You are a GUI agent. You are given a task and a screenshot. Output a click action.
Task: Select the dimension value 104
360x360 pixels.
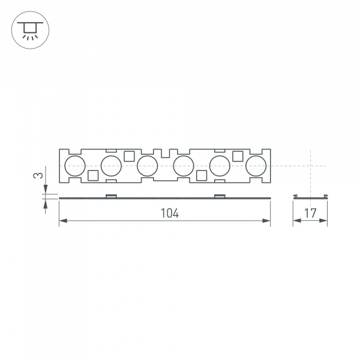coord(170,213)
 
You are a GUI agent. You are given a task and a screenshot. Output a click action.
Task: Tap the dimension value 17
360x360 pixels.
coord(310,213)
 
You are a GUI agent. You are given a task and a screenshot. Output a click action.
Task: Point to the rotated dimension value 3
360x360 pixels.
coord(38,176)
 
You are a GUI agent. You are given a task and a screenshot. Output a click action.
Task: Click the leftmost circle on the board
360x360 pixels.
coord(75,165)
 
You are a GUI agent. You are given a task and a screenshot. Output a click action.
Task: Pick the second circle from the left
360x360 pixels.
coord(111,165)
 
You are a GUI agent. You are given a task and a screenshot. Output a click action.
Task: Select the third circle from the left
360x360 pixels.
coord(147,165)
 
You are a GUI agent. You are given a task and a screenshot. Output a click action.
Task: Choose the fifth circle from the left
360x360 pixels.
coord(220,165)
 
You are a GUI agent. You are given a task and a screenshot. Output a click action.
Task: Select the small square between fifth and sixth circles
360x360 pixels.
coord(238,156)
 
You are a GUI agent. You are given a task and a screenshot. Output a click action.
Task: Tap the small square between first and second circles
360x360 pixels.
coord(93,175)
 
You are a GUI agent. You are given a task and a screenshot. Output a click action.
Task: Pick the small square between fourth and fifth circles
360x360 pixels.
coord(202,175)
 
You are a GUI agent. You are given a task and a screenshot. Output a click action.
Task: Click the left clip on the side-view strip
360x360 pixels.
coord(111,196)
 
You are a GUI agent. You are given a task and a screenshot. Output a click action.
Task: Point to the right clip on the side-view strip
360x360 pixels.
coord(220,196)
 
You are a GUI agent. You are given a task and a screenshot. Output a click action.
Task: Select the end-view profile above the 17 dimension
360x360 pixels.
coord(310,197)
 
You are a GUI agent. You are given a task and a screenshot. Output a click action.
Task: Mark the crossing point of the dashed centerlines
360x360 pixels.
coord(310,165)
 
